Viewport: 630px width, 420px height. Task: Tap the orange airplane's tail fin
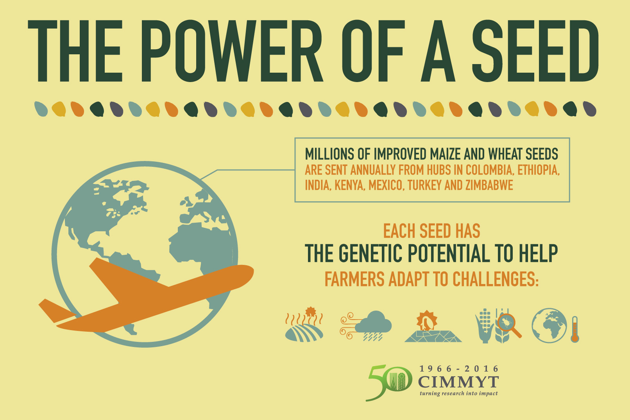(x=55, y=311)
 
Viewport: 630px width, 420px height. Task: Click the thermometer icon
(x=574, y=329)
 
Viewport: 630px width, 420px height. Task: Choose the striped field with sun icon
(x=304, y=328)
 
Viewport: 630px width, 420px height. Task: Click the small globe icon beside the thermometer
(x=549, y=325)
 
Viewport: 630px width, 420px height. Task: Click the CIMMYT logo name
(x=458, y=382)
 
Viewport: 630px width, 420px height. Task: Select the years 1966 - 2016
(x=459, y=369)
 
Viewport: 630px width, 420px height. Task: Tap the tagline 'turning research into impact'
(x=458, y=393)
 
